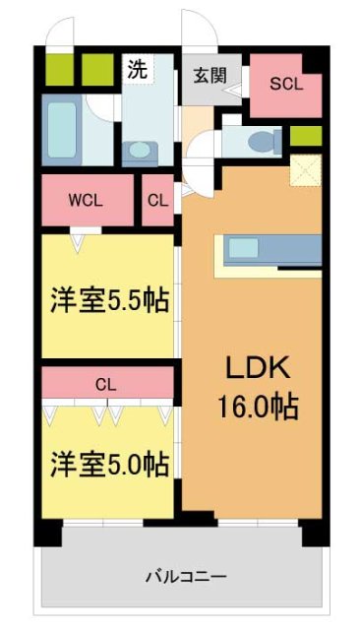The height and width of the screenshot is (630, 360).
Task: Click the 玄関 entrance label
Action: tap(206, 74)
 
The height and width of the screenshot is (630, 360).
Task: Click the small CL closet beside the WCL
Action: tap(156, 200)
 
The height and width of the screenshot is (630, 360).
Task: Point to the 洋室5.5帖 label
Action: tap(105, 299)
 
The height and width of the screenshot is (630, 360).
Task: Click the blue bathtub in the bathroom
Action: tap(63, 130)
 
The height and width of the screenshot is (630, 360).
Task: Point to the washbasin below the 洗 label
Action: tap(138, 152)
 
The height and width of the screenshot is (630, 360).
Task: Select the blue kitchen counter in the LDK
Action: tap(273, 249)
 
